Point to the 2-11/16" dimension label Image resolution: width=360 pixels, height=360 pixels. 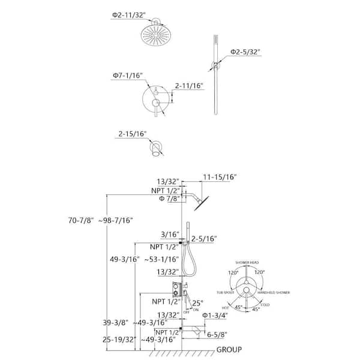tap(189, 85)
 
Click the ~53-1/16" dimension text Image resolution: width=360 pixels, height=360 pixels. tap(163, 259)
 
